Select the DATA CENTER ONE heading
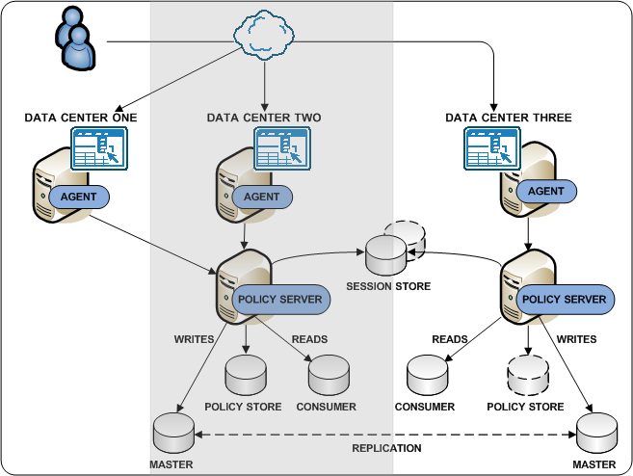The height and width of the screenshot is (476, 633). pyautogui.click(x=81, y=118)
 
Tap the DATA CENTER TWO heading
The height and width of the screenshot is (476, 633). pyautogui.click(x=264, y=118)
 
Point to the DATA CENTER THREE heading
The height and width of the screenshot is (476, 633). pyautogui.click(x=509, y=118)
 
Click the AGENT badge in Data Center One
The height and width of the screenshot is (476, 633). pyautogui.click(x=79, y=197)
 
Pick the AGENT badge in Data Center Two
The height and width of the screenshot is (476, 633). pyautogui.click(x=262, y=197)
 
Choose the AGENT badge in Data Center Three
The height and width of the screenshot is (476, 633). pyautogui.click(x=547, y=191)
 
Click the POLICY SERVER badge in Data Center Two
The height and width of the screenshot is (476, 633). pyautogui.click(x=279, y=299)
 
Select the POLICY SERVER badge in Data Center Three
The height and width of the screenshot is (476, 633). pyautogui.click(x=565, y=299)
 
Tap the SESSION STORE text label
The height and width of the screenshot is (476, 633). pyautogui.click(x=388, y=286)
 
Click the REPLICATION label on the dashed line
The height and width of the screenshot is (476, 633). pyautogui.click(x=385, y=448)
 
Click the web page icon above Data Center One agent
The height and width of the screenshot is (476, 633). pyautogui.click(x=99, y=148)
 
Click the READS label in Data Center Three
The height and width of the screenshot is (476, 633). pyautogui.click(x=449, y=339)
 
